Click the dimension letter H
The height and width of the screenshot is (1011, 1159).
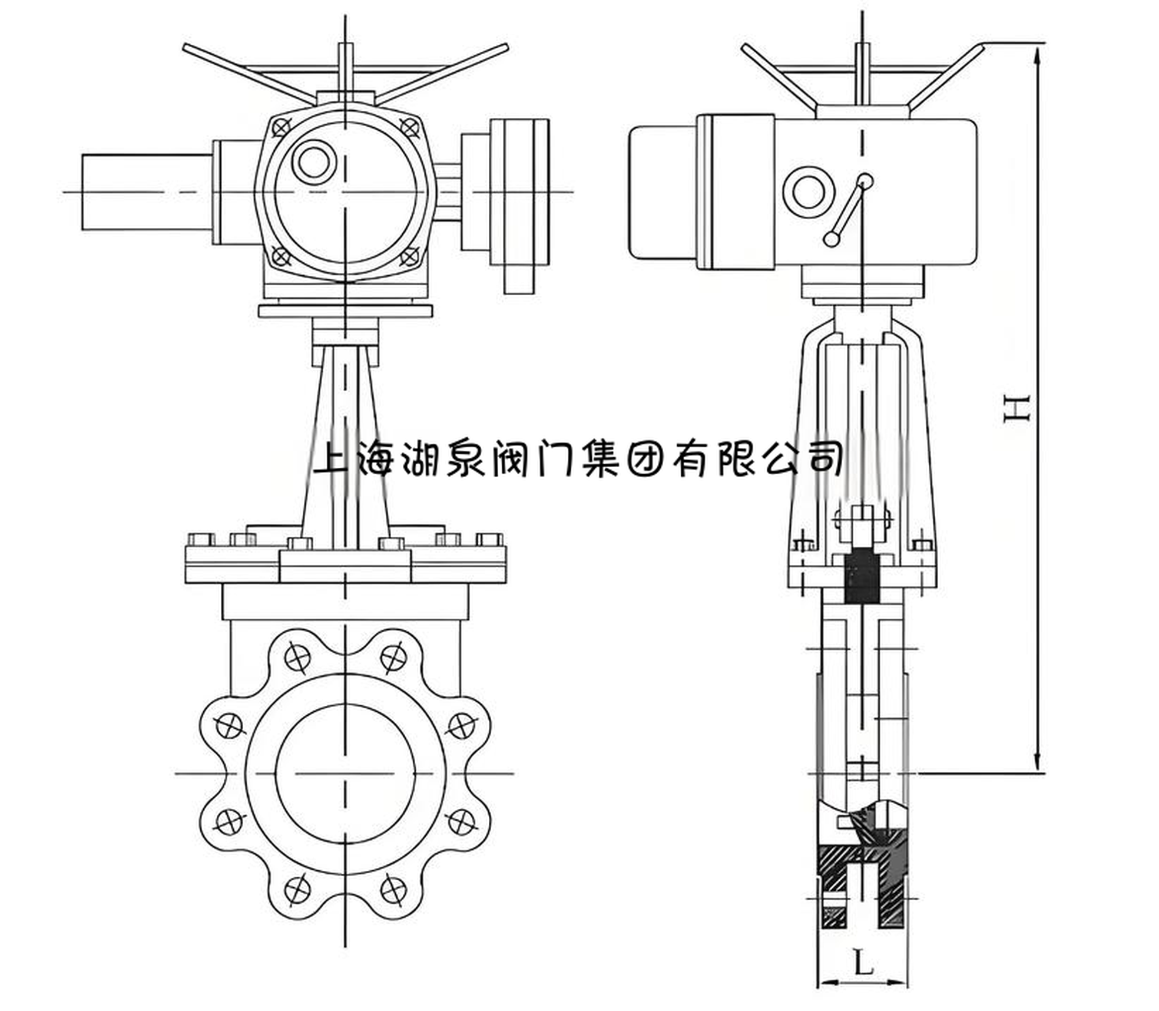(x=1017, y=408)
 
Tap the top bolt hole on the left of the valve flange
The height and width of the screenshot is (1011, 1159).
(x=298, y=656)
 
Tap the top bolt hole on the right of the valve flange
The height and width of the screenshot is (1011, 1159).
(x=393, y=656)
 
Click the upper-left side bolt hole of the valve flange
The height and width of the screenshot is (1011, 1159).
(x=229, y=725)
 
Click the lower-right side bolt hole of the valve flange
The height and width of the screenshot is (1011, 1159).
(x=462, y=821)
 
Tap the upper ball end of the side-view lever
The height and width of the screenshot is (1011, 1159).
(x=865, y=181)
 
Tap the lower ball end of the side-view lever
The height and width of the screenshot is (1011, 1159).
(x=832, y=239)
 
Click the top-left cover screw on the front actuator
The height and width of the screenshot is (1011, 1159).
(x=282, y=127)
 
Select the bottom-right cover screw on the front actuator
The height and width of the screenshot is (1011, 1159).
(x=409, y=256)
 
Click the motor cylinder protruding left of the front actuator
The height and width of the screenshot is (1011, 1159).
(x=147, y=192)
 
